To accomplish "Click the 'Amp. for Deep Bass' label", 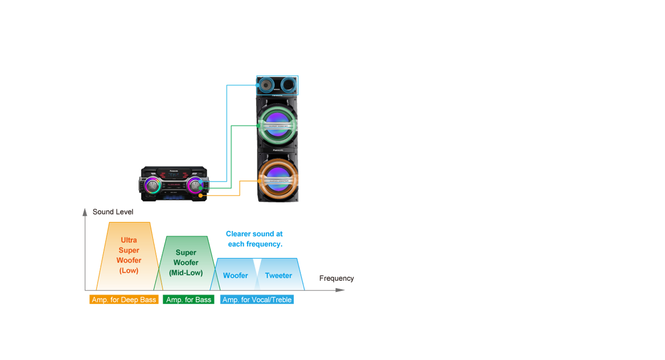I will coord(124,300).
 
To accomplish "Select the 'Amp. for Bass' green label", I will coord(188,300).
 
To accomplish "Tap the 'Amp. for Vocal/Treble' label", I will coord(257,300).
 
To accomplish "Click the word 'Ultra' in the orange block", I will coord(129,240).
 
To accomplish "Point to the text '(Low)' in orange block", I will coord(129,271).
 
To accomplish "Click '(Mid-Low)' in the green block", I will coord(186,273).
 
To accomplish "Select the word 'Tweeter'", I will coord(278,275).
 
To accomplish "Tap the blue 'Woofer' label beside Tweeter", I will coord(236,275).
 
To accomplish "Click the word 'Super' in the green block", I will coord(186,253).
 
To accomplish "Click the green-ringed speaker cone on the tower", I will coord(277,125).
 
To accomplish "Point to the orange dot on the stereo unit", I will coord(201,195).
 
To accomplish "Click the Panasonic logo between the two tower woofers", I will coord(277,150).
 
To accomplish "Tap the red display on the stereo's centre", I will coord(173,184).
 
